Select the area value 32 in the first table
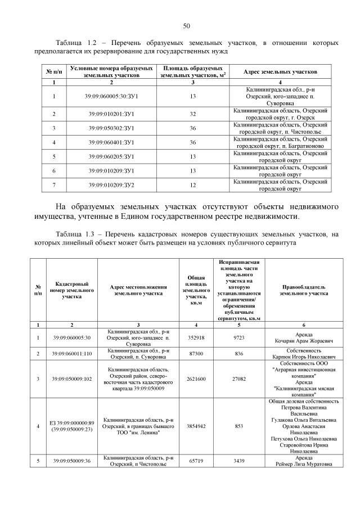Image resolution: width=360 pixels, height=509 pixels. tap(192, 114)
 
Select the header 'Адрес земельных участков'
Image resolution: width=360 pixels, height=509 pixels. tap(280, 72)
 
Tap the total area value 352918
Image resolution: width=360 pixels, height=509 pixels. tap(196, 337)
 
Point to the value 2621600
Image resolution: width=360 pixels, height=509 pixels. tap(196, 379)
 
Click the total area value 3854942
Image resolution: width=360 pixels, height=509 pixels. tap(196, 426)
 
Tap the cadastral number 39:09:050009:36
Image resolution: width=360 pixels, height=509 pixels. tap(72, 461)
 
